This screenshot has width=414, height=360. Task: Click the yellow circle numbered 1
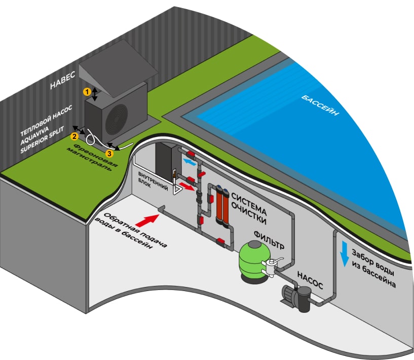pyautogui.click(x=87, y=92)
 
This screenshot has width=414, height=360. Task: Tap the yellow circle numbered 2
pyautogui.click(x=74, y=136)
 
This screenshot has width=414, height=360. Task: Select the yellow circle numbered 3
pyautogui.click(x=109, y=154)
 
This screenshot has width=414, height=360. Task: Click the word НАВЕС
pyautogui.click(x=63, y=80)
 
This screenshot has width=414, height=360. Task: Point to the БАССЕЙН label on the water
pyautogui.click(x=320, y=105)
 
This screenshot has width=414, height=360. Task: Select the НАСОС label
pyautogui.click(x=310, y=280)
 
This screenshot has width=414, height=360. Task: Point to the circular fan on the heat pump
pyautogui.click(x=116, y=119)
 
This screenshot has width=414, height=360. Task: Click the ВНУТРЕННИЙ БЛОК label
pyautogui.click(x=153, y=181)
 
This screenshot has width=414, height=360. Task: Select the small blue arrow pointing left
pyautogui.click(x=190, y=162)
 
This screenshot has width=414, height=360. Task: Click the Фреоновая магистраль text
pyautogui.click(x=92, y=157)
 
